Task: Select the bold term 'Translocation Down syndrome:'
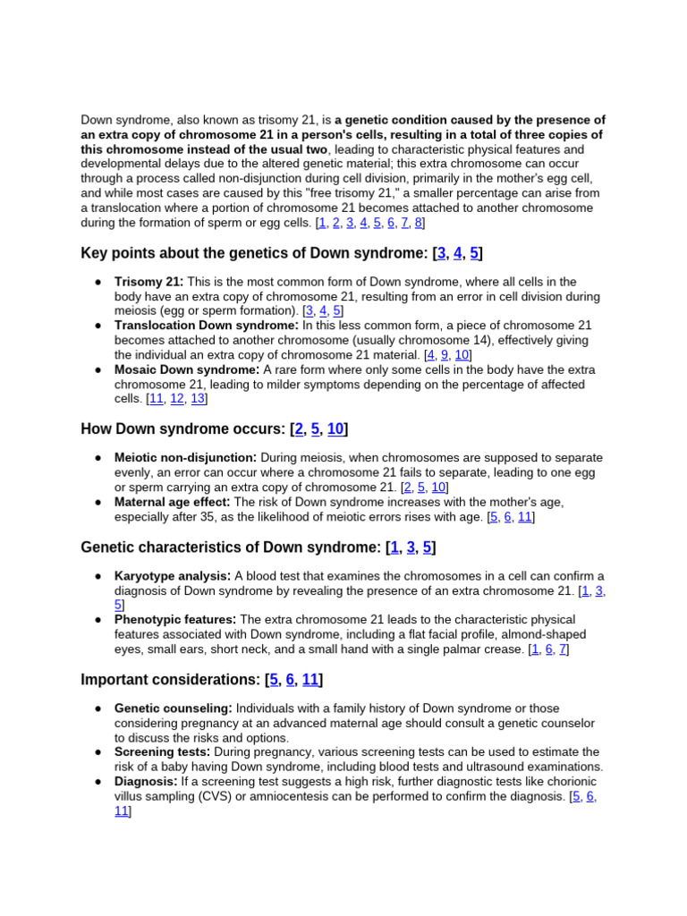[x=206, y=326]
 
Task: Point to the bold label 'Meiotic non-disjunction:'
[x=185, y=457]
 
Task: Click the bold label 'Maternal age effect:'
[x=172, y=502]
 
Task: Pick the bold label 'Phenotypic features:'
[x=175, y=619]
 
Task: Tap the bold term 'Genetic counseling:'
[x=173, y=708]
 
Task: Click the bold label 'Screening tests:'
[x=162, y=751]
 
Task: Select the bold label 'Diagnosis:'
[x=146, y=781]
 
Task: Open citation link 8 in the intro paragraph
[x=419, y=223]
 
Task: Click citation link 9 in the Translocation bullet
[x=445, y=355]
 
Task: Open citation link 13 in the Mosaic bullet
[x=198, y=399]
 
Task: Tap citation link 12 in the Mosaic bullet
[x=177, y=399]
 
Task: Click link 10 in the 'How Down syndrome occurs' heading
[x=335, y=429]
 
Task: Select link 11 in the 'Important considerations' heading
[x=310, y=680]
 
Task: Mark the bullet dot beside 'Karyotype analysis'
[x=97, y=576]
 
